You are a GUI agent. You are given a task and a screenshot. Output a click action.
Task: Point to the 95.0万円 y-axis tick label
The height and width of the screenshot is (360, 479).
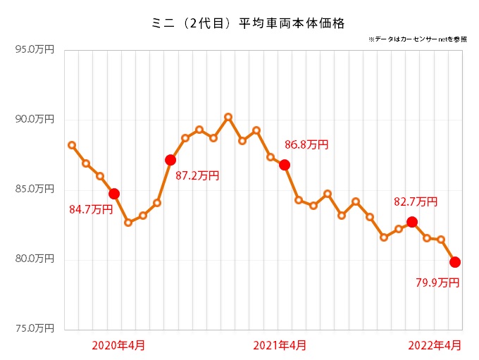35,50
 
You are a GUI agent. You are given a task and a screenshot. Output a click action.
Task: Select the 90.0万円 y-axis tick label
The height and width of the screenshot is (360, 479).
35,120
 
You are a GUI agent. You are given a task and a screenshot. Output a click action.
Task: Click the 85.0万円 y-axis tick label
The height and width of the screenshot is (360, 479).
35,189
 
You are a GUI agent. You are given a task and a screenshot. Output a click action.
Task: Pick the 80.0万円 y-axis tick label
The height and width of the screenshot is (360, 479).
35,259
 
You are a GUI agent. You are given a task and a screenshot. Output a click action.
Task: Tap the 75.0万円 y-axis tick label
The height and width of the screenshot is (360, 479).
35,328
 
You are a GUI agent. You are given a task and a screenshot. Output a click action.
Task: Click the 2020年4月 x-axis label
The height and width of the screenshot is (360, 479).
119,345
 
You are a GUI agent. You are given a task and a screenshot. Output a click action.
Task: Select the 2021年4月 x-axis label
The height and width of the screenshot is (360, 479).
280,345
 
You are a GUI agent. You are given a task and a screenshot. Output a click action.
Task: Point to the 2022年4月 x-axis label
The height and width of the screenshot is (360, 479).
436,345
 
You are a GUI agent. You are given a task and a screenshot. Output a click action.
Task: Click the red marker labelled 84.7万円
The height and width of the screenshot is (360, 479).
114,193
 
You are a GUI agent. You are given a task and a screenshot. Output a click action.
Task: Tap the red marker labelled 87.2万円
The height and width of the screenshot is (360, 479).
170,160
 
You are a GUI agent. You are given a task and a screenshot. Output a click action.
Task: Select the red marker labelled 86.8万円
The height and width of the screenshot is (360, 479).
285,165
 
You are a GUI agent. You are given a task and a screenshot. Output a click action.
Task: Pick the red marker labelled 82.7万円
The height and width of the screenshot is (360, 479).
412,222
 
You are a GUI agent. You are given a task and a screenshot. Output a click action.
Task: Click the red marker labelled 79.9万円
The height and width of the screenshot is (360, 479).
455,262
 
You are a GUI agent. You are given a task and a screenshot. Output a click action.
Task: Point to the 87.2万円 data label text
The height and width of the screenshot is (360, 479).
197,175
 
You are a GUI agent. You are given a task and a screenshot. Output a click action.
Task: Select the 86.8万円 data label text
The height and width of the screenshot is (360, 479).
306,145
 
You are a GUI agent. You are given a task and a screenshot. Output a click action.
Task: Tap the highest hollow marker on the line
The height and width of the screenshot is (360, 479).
228,117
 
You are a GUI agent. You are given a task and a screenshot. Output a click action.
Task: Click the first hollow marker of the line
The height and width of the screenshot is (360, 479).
71,145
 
